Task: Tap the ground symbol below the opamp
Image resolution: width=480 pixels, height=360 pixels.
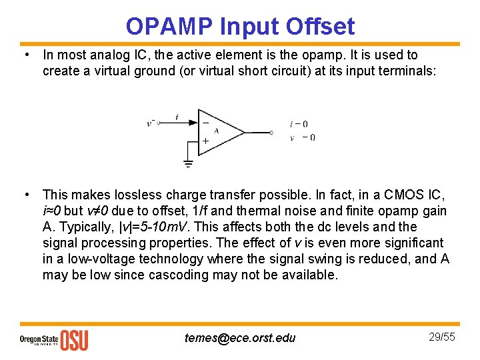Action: tap(189, 163)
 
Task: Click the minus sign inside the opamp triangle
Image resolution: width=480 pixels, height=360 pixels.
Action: tap(205, 123)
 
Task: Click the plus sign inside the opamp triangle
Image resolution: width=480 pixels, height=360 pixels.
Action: tap(205, 141)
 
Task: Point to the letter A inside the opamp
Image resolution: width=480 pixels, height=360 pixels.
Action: tap(217, 131)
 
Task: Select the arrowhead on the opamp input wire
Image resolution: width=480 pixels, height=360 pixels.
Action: tap(193, 123)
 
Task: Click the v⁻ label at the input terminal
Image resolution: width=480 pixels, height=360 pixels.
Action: tap(151, 123)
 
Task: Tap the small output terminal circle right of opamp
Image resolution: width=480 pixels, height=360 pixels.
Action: tap(271, 133)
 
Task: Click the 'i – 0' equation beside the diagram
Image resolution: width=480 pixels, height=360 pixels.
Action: tap(299, 124)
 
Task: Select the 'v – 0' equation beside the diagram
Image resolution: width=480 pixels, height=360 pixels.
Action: tap(302, 138)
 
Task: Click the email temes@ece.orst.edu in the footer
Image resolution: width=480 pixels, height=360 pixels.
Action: tap(240, 338)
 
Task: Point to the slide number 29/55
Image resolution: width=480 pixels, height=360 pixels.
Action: tap(441, 337)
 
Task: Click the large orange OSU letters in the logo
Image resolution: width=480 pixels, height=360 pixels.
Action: tap(74, 340)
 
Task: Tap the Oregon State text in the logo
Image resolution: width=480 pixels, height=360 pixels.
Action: tap(39, 337)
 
